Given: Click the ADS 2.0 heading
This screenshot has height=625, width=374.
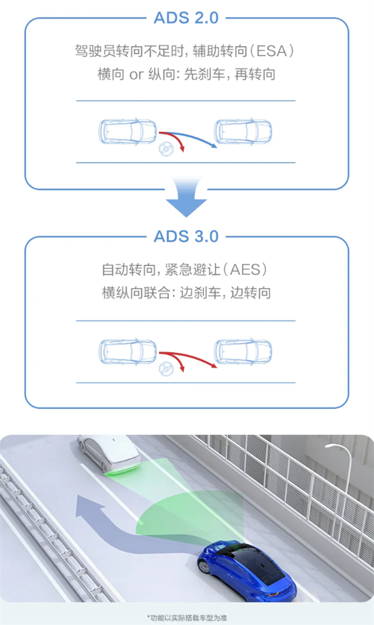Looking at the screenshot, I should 186,17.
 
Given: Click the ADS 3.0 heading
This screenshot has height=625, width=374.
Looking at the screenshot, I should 186,236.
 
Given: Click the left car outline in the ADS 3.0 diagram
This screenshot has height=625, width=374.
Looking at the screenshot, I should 128,351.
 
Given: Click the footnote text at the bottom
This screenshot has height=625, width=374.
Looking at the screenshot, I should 187,617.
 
